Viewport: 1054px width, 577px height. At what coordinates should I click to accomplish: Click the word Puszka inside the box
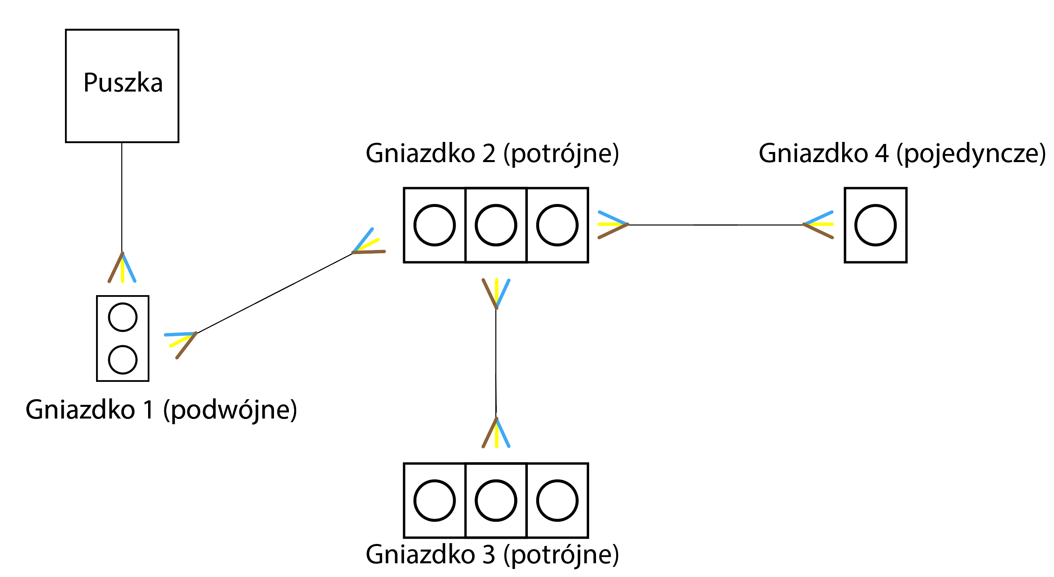pos(123,83)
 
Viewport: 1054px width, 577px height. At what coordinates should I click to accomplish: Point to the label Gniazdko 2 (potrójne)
pos(492,154)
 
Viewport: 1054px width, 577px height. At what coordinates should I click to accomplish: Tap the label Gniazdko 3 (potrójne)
pos(492,555)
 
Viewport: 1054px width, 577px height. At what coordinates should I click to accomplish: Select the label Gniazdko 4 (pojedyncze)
pos(902,154)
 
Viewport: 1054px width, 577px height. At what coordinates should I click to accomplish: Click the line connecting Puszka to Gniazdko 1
pos(122,198)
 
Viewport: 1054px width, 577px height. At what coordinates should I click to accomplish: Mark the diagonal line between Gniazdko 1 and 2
pos(274,293)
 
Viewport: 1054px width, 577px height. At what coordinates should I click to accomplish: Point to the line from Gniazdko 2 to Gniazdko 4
pos(715,225)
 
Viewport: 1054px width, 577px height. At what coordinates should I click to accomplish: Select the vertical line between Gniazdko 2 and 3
pos(496,363)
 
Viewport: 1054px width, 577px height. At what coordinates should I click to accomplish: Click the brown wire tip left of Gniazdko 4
pos(832,237)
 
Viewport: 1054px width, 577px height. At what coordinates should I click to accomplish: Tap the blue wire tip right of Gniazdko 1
pos(166,335)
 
